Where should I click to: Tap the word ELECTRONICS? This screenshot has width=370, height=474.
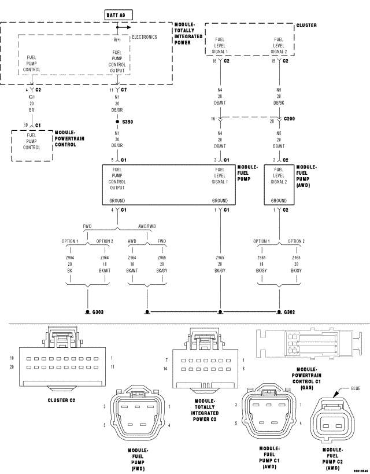click(145, 37)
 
